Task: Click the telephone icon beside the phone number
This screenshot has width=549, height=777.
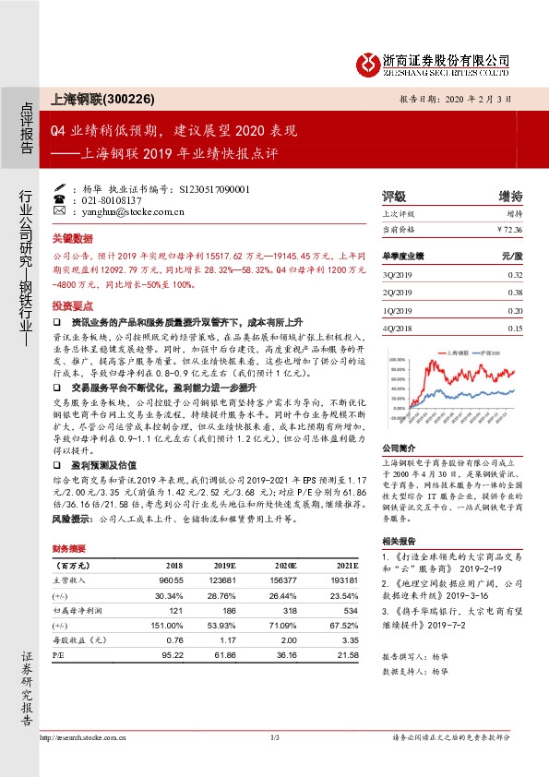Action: (60, 199)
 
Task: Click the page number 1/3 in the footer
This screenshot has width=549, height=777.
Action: (274, 738)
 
